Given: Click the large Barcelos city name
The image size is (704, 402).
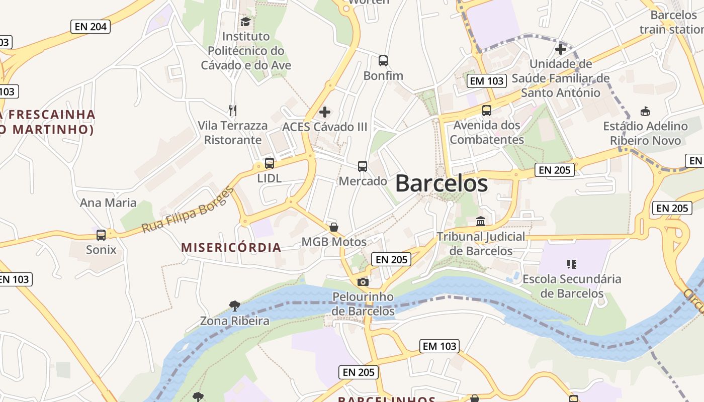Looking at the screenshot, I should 441,183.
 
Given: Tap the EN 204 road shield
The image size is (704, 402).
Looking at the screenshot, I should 91,27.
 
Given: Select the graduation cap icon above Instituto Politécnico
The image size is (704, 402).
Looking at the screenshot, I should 245,22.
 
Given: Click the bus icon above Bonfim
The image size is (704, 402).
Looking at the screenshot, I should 383,61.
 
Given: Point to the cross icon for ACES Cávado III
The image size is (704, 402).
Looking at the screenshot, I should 325,112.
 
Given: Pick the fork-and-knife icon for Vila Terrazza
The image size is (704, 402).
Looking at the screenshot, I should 232,110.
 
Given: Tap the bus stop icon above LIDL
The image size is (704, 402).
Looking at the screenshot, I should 270,163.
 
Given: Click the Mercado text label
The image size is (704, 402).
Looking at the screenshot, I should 363,181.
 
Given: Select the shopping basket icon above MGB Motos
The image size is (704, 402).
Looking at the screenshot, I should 334,227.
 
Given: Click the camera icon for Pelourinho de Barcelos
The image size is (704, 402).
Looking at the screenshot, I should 363,282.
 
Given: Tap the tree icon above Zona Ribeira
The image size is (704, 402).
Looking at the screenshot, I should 234,306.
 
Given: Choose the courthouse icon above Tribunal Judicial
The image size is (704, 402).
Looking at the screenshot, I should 481,221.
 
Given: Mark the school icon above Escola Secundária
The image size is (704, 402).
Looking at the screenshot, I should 572,264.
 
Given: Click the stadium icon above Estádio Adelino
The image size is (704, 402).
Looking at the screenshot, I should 645,111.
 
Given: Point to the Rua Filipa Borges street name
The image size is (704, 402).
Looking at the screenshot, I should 188,210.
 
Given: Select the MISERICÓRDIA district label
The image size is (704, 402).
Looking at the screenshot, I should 231,247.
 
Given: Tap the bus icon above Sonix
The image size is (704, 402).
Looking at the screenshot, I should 101,235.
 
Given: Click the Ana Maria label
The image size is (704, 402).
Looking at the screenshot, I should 108,203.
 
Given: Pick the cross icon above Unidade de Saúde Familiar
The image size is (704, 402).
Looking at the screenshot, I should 561,49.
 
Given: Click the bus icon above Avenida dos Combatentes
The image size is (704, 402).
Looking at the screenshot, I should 486,111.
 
